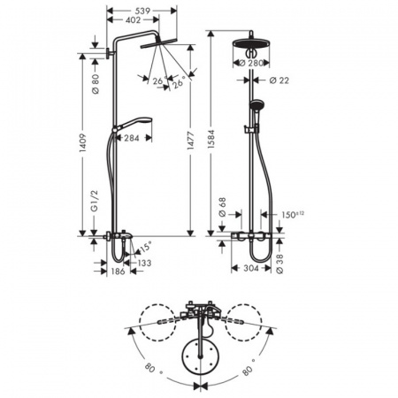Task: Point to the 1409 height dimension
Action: click(83, 160)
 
